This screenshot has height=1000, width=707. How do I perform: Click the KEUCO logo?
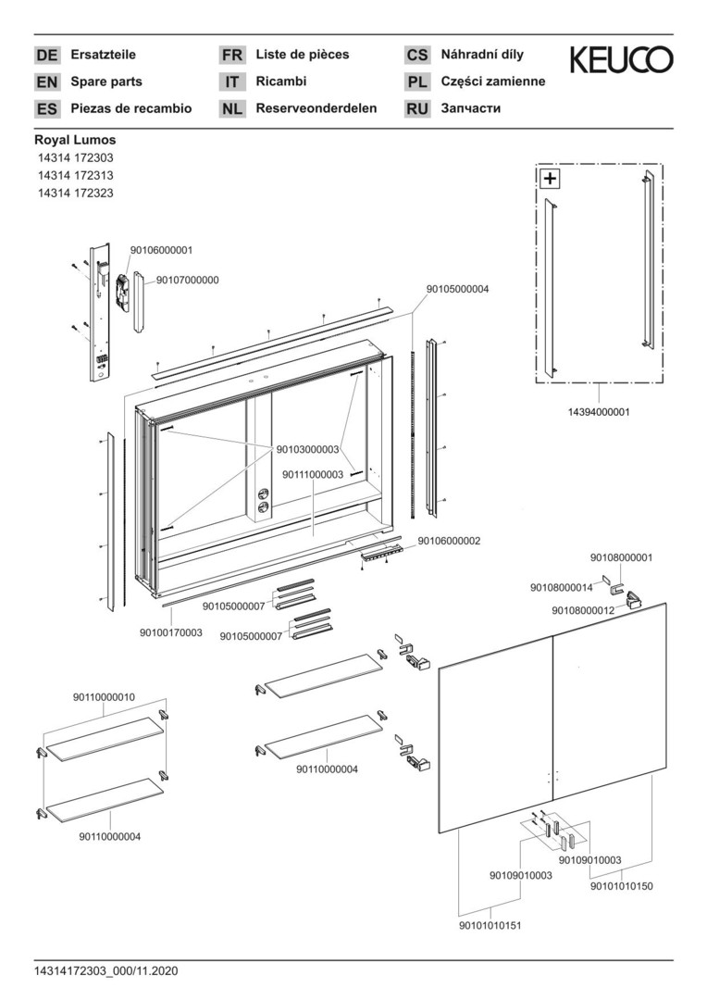click(621, 60)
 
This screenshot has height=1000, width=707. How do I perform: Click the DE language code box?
click(46, 56)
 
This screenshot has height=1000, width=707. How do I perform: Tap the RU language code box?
click(417, 109)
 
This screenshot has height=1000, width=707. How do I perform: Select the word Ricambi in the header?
click(280, 81)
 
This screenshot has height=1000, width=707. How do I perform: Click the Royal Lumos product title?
click(75, 141)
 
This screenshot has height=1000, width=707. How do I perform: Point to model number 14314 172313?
click(76, 176)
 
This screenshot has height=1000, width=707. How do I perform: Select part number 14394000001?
click(598, 412)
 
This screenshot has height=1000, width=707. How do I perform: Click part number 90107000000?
click(187, 280)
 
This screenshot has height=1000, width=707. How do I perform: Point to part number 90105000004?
click(457, 289)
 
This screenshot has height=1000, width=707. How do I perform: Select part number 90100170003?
click(171, 632)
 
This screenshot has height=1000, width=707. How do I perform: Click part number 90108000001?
click(621, 557)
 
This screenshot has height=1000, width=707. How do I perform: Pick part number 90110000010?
click(104, 696)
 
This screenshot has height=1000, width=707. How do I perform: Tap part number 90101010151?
click(490, 925)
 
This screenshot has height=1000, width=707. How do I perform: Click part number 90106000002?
click(449, 540)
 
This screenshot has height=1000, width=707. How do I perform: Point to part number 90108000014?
click(562, 587)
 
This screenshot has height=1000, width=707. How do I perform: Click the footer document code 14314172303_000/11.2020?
click(105, 971)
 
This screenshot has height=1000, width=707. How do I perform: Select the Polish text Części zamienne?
click(493, 81)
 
